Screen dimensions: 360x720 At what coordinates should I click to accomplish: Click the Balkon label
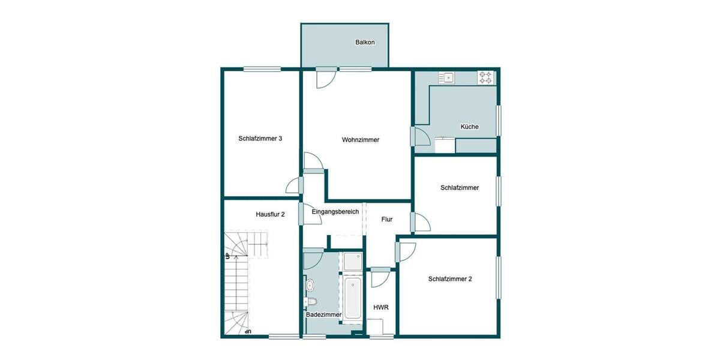(365, 43)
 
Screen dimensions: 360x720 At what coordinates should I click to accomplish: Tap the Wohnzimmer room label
(361, 140)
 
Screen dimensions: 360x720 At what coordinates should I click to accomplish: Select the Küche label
(469, 127)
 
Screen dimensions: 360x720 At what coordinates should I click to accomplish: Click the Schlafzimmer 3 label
(260, 139)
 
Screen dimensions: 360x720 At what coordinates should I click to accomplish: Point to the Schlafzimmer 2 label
(450, 278)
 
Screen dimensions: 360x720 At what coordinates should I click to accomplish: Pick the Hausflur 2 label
(270, 214)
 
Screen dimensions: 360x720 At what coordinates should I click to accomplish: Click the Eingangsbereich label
(335, 212)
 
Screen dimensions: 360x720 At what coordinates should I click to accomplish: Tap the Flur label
(387, 220)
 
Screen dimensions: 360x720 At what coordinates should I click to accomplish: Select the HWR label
(381, 307)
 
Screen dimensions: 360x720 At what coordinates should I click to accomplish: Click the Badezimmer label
(323, 314)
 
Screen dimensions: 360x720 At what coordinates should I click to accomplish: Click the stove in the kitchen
(485, 77)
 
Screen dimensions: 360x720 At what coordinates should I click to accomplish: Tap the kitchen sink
(447, 77)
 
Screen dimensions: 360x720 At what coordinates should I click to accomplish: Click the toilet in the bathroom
(310, 301)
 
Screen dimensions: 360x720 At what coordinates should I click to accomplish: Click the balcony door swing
(326, 79)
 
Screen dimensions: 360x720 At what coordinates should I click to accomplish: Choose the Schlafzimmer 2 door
(405, 251)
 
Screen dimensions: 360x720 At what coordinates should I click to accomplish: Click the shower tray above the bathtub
(352, 262)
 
